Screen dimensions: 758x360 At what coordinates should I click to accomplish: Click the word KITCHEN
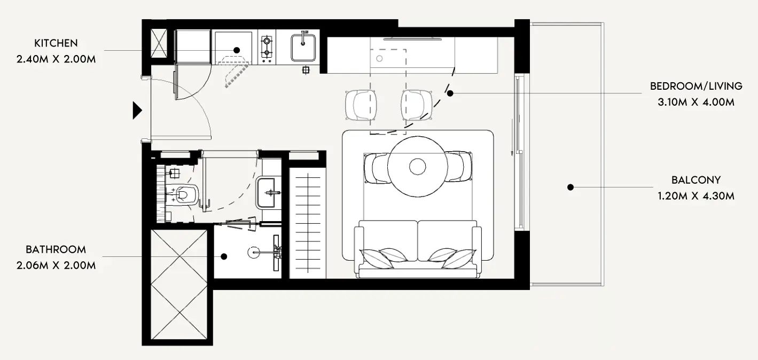(x=56, y=43)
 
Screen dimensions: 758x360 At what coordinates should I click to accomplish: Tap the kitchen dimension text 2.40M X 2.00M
(x=56, y=59)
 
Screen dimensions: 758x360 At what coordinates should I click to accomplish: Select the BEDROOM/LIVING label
(x=696, y=87)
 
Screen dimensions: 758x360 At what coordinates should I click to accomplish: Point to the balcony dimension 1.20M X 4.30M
(x=696, y=196)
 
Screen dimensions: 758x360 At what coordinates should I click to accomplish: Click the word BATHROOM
(x=56, y=249)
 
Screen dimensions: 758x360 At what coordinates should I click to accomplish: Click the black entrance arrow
(x=137, y=111)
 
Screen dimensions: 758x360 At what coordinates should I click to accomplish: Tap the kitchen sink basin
(x=303, y=48)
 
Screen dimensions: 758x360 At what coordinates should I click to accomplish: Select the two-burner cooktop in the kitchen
(x=267, y=47)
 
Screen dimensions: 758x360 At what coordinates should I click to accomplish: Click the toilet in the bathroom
(x=183, y=195)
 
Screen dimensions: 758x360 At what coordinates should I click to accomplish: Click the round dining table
(x=418, y=167)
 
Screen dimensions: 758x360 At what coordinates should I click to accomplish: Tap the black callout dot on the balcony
(x=571, y=187)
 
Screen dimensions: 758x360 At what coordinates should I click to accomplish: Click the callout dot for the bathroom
(x=224, y=256)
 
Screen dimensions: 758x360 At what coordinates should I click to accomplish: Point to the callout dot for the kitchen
(x=237, y=50)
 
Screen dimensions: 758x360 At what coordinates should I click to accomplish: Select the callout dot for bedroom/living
(x=450, y=93)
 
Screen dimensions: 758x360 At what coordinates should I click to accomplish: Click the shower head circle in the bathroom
(x=253, y=252)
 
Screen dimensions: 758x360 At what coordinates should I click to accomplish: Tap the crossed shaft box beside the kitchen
(x=159, y=44)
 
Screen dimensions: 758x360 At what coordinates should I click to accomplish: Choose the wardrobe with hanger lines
(x=308, y=223)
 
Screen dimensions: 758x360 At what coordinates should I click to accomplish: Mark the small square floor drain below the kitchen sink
(x=306, y=70)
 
